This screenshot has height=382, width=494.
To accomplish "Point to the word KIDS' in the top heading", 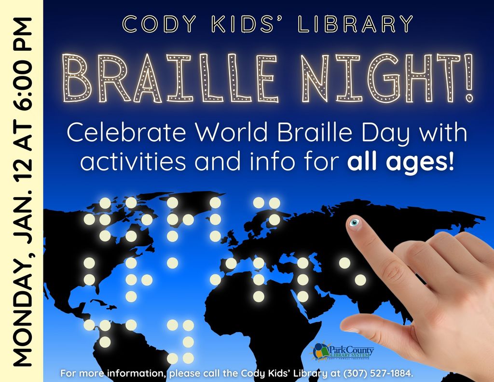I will point(247,24).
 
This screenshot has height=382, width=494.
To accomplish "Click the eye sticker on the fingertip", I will point(354,222).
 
